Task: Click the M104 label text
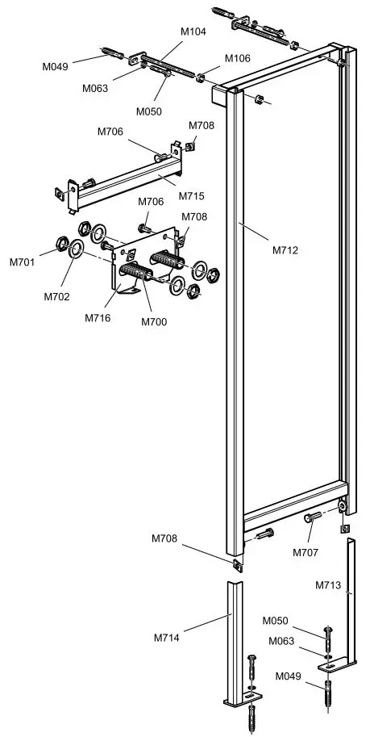tap(193, 31)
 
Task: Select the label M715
tap(191, 196)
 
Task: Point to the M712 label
tap(285, 250)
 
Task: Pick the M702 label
tap(57, 296)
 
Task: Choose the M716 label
tap(98, 317)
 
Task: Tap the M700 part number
tap(153, 322)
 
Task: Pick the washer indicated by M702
tap(77, 249)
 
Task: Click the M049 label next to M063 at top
tap(56, 63)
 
